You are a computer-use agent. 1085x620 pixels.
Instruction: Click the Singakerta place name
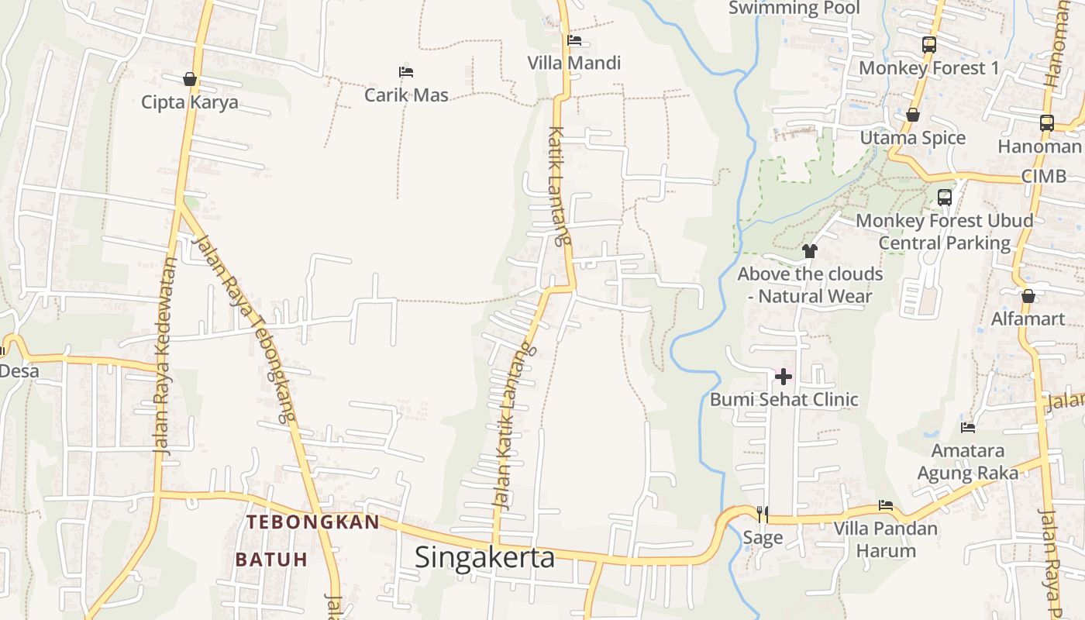[484, 557]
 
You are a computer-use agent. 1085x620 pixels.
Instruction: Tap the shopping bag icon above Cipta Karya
[189, 79]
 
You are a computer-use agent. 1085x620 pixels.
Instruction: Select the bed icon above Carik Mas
[406, 72]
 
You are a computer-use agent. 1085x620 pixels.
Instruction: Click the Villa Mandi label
[574, 63]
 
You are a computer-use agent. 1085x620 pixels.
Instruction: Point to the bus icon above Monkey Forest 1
[929, 45]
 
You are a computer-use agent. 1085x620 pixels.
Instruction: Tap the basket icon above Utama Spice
[913, 115]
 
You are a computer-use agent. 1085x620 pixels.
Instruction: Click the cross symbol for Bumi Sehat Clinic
[784, 377]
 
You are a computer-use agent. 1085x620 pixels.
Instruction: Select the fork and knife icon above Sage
[763, 513]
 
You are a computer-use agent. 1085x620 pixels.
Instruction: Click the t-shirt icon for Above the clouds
[810, 250]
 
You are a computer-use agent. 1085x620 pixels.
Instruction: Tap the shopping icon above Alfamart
[1028, 296]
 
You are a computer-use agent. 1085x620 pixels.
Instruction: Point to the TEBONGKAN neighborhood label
[313, 522]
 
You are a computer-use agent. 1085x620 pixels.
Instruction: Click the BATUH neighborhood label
[271, 559]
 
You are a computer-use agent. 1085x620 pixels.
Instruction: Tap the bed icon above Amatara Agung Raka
[968, 427]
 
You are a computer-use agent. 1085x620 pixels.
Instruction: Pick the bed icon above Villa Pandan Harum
[886, 506]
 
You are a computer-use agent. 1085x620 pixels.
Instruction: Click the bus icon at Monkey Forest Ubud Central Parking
[945, 197]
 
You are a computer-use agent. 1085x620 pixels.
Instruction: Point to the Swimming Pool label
[794, 8]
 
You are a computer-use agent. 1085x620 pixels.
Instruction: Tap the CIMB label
[1043, 176]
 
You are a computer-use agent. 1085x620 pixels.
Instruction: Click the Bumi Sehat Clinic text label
[784, 400]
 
